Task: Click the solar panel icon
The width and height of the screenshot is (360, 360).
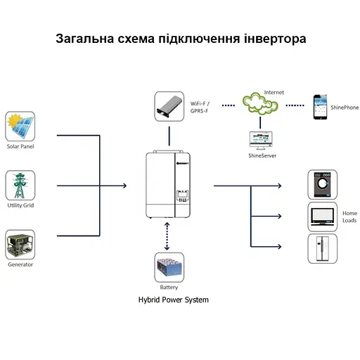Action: (x=20, y=127)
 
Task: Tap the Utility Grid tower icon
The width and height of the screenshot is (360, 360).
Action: (x=20, y=185)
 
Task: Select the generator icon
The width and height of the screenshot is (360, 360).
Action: (x=20, y=245)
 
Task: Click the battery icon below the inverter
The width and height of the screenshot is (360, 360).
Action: (x=169, y=268)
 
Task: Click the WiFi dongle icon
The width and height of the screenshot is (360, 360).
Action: (x=169, y=106)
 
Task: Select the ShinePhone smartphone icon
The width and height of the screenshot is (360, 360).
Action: (x=321, y=106)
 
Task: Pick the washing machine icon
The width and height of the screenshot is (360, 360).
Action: (x=322, y=185)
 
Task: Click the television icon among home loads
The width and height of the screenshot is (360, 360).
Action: (x=322, y=216)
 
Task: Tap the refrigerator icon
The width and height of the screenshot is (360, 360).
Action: (x=322, y=248)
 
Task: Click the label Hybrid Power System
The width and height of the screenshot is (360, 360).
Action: (x=173, y=300)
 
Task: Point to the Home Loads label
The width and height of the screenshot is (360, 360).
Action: (x=349, y=217)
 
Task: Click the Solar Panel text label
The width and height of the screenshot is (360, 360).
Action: (x=20, y=146)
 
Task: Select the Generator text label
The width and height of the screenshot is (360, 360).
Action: (x=20, y=265)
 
